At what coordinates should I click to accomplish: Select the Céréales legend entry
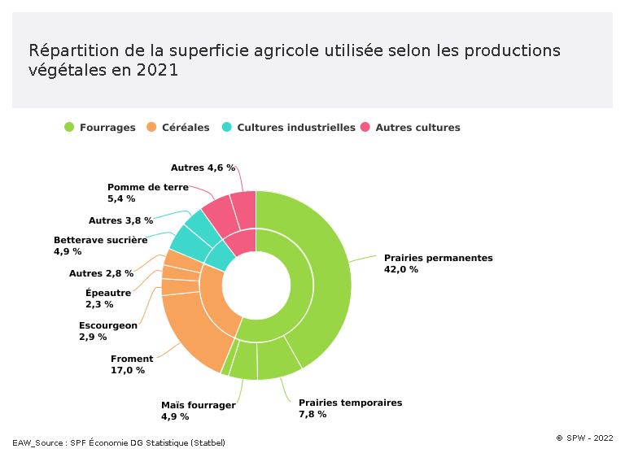177,128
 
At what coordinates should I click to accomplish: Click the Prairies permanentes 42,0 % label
438,264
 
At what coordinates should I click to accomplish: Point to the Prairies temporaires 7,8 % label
350,408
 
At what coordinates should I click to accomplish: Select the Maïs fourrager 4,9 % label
199,411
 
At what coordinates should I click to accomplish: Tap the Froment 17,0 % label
132,364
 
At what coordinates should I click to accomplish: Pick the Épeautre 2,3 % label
107,298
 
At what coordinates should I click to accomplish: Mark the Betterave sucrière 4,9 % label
100,246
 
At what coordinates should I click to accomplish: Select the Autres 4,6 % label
203,168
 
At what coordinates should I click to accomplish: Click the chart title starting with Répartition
295,60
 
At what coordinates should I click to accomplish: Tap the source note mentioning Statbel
119,442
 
